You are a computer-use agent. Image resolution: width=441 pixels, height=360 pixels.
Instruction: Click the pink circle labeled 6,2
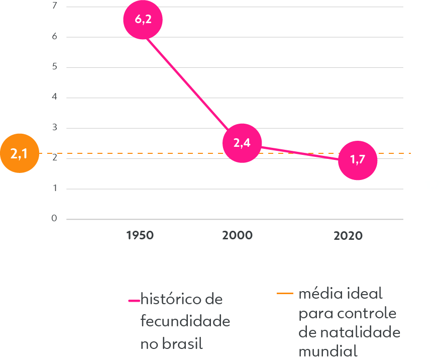(143, 20)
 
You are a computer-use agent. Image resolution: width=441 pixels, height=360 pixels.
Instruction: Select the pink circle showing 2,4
(242, 143)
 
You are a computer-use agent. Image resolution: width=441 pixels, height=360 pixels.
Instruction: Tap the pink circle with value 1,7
(357, 160)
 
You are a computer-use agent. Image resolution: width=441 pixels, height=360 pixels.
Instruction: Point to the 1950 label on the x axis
(140, 235)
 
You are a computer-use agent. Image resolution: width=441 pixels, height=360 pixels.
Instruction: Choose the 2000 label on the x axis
(238, 235)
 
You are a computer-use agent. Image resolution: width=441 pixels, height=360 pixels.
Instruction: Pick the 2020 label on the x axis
(348, 236)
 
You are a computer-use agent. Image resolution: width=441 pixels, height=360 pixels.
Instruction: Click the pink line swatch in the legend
(134, 301)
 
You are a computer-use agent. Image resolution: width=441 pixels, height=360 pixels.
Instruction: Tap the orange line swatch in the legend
(285, 294)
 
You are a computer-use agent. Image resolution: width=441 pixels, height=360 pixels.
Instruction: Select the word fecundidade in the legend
(185, 321)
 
